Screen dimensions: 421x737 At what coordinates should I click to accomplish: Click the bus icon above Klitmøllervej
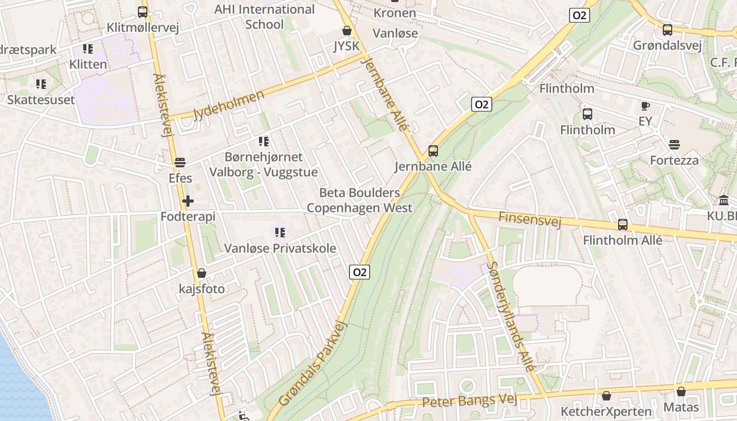click(142, 12)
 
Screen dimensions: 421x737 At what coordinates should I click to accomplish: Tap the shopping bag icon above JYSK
click(346, 31)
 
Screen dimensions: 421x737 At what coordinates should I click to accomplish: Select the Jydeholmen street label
click(228, 105)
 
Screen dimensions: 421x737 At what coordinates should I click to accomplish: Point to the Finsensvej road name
click(530, 219)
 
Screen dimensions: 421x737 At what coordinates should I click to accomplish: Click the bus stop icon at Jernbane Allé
click(433, 151)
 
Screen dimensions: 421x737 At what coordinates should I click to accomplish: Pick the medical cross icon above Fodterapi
click(188, 201)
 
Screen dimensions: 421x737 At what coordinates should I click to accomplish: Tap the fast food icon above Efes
click(180, 163)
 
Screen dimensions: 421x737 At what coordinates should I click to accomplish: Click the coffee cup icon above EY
click(645, 106)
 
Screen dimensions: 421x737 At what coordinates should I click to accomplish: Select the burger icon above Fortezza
click(674, 145)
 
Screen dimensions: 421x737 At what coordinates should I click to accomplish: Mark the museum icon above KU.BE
click(723, 201)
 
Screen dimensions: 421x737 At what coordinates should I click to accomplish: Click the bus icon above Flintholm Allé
click(622, 225)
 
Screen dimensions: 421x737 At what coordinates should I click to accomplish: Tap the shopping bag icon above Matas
click(681, 392)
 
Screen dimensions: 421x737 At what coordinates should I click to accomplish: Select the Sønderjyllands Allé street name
click(511, 317)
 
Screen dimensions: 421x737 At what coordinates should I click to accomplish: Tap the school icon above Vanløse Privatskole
click(280, 232)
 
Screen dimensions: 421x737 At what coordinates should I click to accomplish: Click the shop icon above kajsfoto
click(201, 273)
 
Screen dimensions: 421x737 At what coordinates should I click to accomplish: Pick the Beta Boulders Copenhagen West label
click(360, 201)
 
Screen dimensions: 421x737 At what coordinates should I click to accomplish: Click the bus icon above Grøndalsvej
click(667, 30)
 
